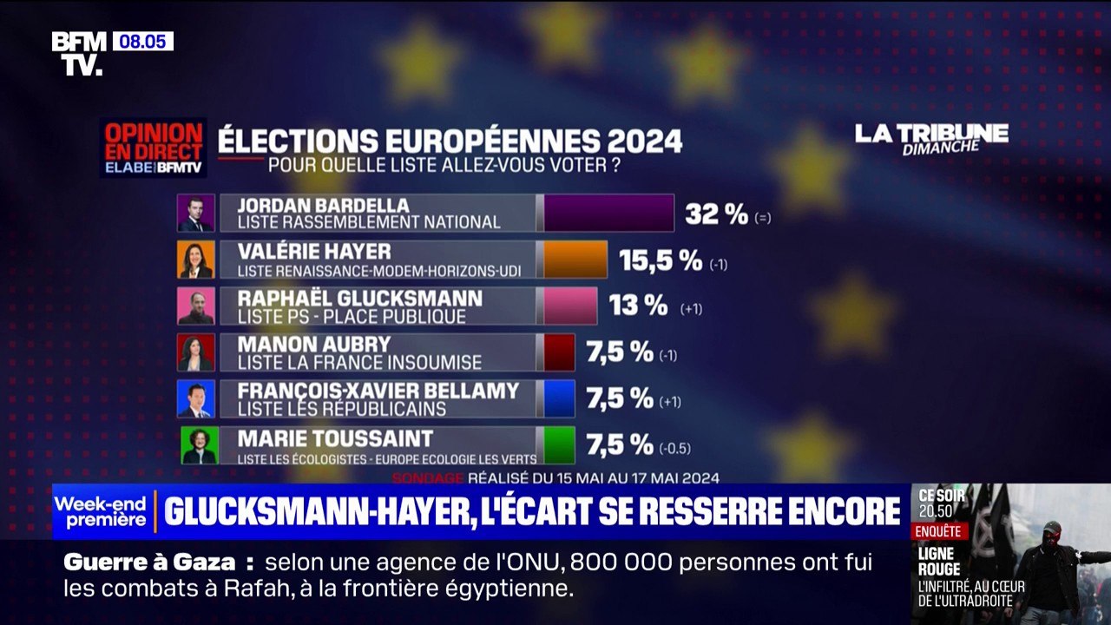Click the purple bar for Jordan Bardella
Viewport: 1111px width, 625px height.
608,214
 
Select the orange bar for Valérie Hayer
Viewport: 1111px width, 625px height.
575,260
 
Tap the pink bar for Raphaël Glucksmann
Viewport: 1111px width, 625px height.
570,306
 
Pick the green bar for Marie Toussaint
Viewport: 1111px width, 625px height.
559,445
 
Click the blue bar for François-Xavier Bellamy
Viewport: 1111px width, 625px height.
559,398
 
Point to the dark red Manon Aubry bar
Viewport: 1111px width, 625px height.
559,352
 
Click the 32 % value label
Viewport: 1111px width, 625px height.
716,214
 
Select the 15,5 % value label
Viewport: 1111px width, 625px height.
660,260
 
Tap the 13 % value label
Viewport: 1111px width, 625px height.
638,306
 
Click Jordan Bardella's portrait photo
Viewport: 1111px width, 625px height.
195,214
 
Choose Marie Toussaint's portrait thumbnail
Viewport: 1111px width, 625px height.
199,445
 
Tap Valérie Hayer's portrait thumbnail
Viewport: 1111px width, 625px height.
195,260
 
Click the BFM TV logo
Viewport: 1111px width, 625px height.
79,53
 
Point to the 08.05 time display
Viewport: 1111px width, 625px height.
142,41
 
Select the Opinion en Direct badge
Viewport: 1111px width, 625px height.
154,148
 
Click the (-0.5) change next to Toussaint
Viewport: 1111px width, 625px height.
674,449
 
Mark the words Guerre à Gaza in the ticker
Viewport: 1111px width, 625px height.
149,562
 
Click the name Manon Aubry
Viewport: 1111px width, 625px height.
314,344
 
